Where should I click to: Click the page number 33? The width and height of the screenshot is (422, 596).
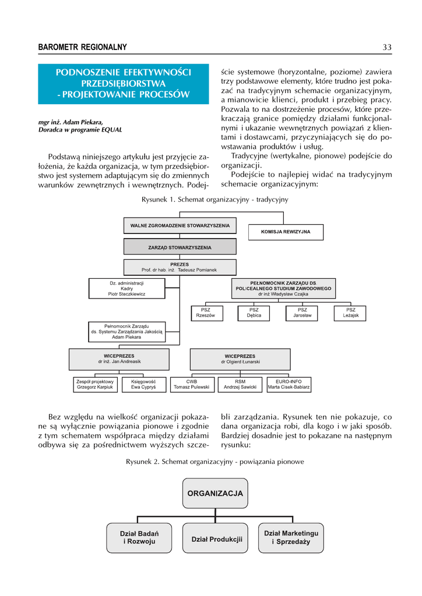(386, 47)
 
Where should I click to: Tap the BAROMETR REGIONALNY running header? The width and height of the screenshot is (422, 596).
(82, 47)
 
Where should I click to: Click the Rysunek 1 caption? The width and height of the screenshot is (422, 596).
(214, 200)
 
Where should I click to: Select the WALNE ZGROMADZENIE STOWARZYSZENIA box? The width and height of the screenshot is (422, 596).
(180, 225)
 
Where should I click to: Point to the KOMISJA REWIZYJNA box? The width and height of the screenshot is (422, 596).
(286, 232)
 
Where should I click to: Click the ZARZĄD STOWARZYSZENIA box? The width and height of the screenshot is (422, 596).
(180, 247)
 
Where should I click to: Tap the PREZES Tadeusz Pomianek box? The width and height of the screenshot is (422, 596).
(180, 267)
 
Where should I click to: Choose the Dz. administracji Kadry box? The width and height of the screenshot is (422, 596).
(127, 289)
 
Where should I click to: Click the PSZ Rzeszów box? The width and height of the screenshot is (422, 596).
(206, 313)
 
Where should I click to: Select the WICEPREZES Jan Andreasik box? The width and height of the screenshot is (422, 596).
(119, 359)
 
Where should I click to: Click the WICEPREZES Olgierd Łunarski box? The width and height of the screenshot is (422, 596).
(240, 359)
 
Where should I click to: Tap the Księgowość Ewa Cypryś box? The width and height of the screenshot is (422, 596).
(143, 384)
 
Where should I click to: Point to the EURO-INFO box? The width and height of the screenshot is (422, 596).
(289, 384)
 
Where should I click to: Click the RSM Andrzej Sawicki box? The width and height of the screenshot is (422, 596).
(240, 384)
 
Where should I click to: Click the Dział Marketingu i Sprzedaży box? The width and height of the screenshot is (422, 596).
(291, 538)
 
